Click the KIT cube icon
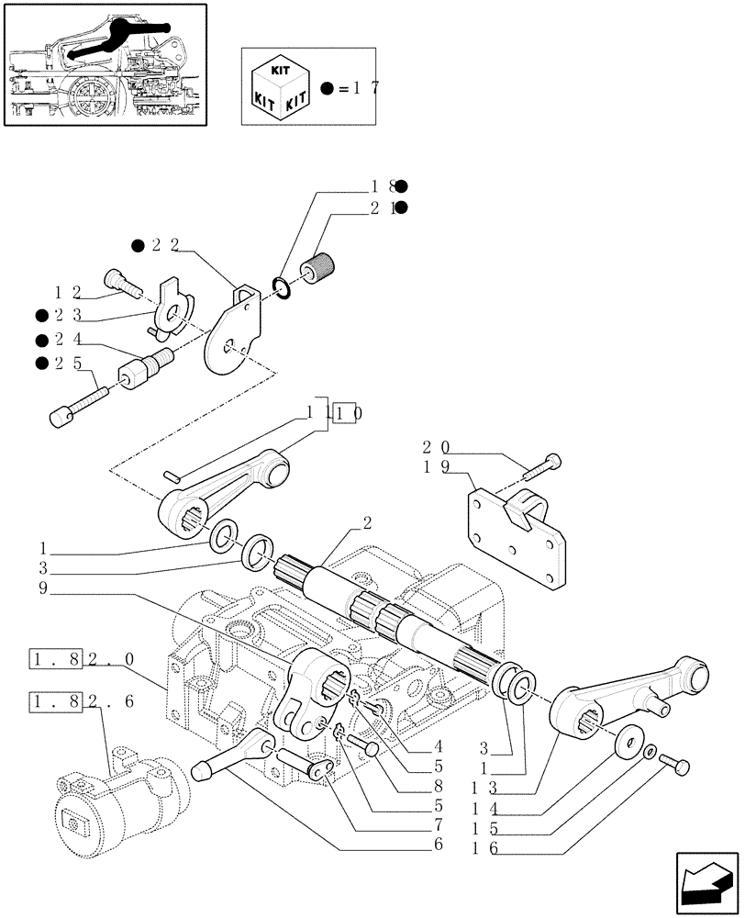click(x=280, y=86)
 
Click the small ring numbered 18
click(x=284, y=289)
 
